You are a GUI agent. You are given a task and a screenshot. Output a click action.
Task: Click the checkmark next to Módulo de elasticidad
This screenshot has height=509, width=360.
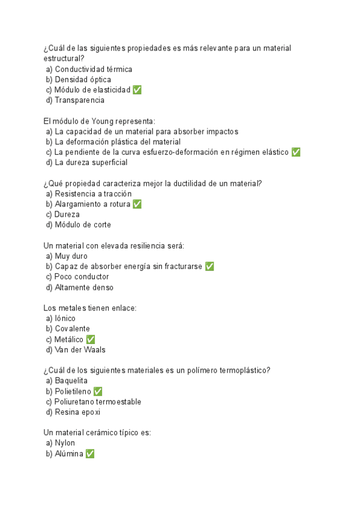pos(137,90)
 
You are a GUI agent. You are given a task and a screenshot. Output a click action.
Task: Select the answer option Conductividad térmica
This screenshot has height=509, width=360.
pos(93,69)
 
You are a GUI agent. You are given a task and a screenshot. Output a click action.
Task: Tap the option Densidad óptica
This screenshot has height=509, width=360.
pos(82,79)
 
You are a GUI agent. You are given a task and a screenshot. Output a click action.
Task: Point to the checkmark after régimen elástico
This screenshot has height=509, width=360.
pos(296,152)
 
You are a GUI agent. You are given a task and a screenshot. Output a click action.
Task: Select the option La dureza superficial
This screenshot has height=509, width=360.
pos(91,162)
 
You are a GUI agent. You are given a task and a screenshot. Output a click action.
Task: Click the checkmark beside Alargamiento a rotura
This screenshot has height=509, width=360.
pos(137,204)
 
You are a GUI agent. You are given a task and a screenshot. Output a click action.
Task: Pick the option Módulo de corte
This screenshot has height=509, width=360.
pos(82,224)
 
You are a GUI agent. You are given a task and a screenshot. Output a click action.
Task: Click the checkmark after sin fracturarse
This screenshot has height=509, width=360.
pos(209,267)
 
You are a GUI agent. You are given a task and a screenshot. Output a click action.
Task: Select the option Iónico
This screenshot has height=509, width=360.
pos(65,318)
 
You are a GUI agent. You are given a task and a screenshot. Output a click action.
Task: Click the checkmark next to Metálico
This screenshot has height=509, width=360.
pos(91,339)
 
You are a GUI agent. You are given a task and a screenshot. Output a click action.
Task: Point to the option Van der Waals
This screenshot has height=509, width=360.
pos(80,349)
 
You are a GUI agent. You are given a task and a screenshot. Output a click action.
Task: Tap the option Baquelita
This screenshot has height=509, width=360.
pos(71,381)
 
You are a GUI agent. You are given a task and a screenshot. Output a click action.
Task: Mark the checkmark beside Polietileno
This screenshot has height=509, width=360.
pos(98,391)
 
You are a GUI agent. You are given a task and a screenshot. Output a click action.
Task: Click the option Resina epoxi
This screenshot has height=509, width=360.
pos(77,412)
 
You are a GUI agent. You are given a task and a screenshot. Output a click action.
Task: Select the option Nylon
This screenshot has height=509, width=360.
pos(64,443)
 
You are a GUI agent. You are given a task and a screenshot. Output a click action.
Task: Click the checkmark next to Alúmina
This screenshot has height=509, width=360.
pos(90,454)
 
